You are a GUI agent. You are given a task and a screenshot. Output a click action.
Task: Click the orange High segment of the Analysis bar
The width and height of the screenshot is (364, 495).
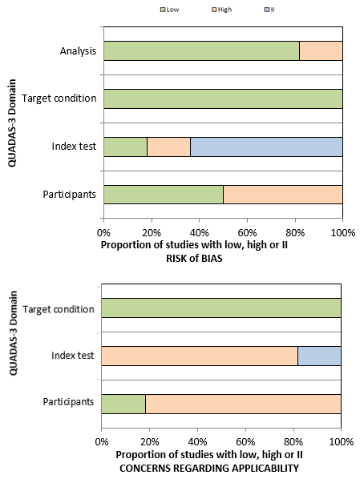click(321, 51)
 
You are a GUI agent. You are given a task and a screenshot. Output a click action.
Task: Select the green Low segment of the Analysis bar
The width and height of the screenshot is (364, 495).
click(201, 51)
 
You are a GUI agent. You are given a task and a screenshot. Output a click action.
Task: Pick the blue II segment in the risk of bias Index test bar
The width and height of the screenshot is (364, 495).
click(266, 147)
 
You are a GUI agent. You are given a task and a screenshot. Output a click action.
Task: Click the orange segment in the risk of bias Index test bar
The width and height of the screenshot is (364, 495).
click(168, 147)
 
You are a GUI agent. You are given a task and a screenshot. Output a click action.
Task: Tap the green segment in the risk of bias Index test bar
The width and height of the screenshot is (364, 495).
click(125, 147)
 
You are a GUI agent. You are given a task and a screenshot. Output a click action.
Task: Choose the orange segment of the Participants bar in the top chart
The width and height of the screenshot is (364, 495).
click(283, 195)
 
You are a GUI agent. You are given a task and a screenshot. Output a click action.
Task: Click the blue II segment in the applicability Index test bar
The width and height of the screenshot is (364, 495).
click(319, 355)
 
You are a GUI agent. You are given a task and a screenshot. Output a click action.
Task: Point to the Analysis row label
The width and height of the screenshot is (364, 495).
click(78, 52)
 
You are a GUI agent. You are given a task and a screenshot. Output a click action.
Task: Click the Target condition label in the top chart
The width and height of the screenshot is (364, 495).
click(59, 99)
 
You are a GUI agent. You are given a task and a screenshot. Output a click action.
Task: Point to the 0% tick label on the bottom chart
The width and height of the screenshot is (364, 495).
click(102, 440)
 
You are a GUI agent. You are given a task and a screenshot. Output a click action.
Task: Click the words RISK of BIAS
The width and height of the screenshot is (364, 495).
click(199, 258)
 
